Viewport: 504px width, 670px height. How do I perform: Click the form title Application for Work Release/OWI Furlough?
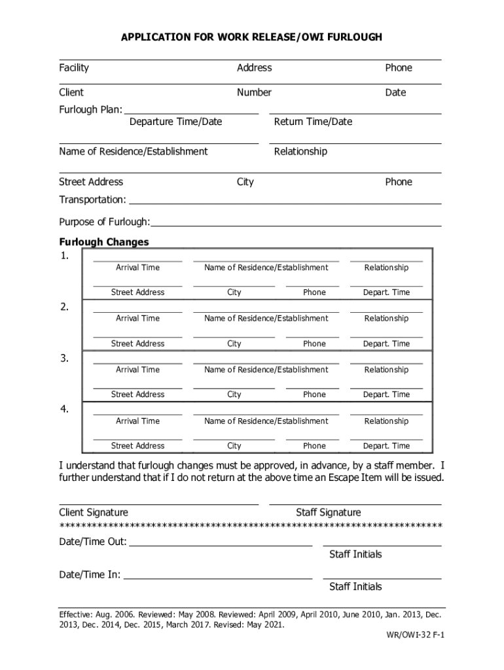[x=251, y=37]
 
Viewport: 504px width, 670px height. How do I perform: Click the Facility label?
[x=74, y=68]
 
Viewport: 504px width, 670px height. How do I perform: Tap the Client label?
[x=71, y=93]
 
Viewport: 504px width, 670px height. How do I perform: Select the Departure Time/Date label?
[x=175, y=122]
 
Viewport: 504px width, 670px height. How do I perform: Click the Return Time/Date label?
[x=313, y=122]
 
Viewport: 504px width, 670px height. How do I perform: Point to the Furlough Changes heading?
[x=104, y=242]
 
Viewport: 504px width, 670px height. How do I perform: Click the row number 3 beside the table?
[x=64, y=359]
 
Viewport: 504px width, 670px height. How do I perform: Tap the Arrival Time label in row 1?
[x=137, y=268]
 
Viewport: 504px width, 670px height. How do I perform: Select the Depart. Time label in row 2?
[x=386, y=344]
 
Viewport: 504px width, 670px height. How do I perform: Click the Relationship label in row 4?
[x=386, y=421]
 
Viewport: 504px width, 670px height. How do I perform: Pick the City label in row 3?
[x=234, y=395]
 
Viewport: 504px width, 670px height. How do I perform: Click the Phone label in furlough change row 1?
[x=314, y=292]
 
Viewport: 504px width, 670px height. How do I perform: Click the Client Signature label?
[x=94, y=512]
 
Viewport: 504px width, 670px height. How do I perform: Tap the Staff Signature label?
[x=328, y=512]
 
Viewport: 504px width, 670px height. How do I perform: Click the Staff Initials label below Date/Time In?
[x=355, y=587]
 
